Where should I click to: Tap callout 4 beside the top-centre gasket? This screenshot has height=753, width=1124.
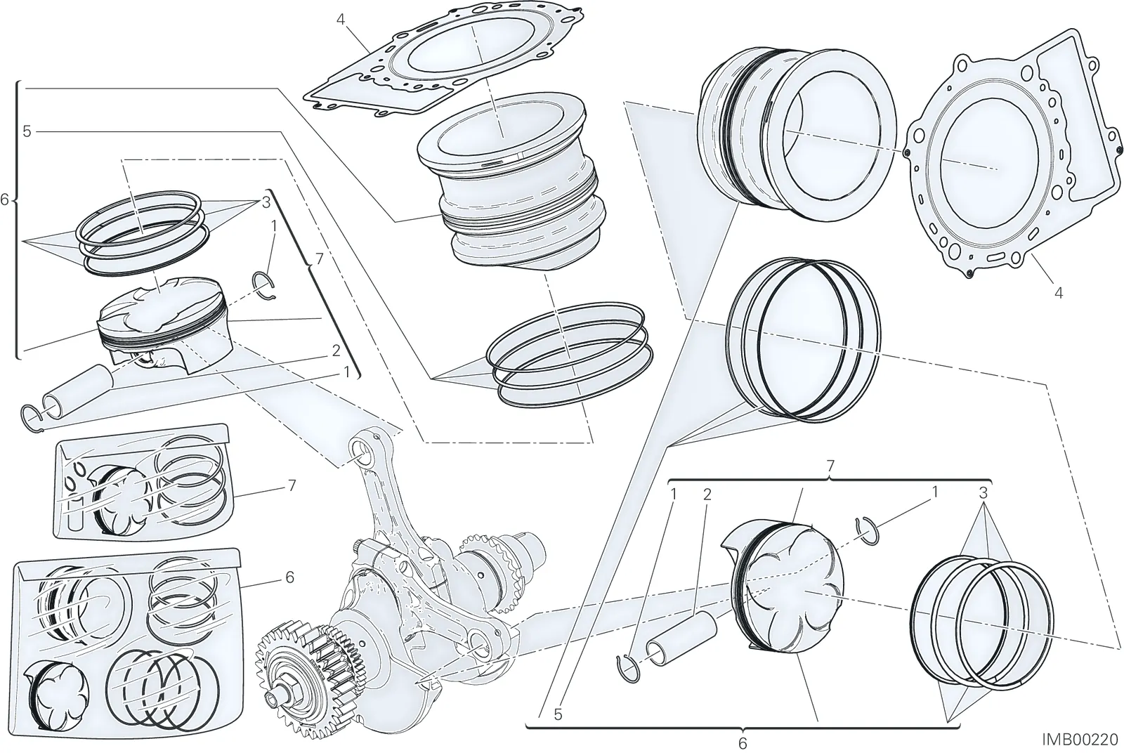pyautogui.click(x=341, y=20)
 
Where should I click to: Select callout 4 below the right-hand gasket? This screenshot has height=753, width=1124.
pyautogui.click(x=1058, y=293)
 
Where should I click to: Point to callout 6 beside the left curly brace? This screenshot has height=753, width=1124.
pyautogui.click(x=5, y=200)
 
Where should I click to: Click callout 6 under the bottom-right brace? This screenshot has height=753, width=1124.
pyautogui.click(x=743, y=742)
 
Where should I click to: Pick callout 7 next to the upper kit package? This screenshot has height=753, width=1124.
pyautogui.click(x=292, y=485)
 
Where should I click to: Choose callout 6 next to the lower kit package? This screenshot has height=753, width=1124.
pyautogui.click(x=289, y=577)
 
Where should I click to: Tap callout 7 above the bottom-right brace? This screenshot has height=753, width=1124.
pyautogui.click(x=830, y=466)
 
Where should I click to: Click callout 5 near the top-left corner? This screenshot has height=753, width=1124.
pyautogui.click(x=27, y=131)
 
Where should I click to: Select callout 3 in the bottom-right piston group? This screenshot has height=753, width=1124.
pyautogui.click(x=983, y=493)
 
